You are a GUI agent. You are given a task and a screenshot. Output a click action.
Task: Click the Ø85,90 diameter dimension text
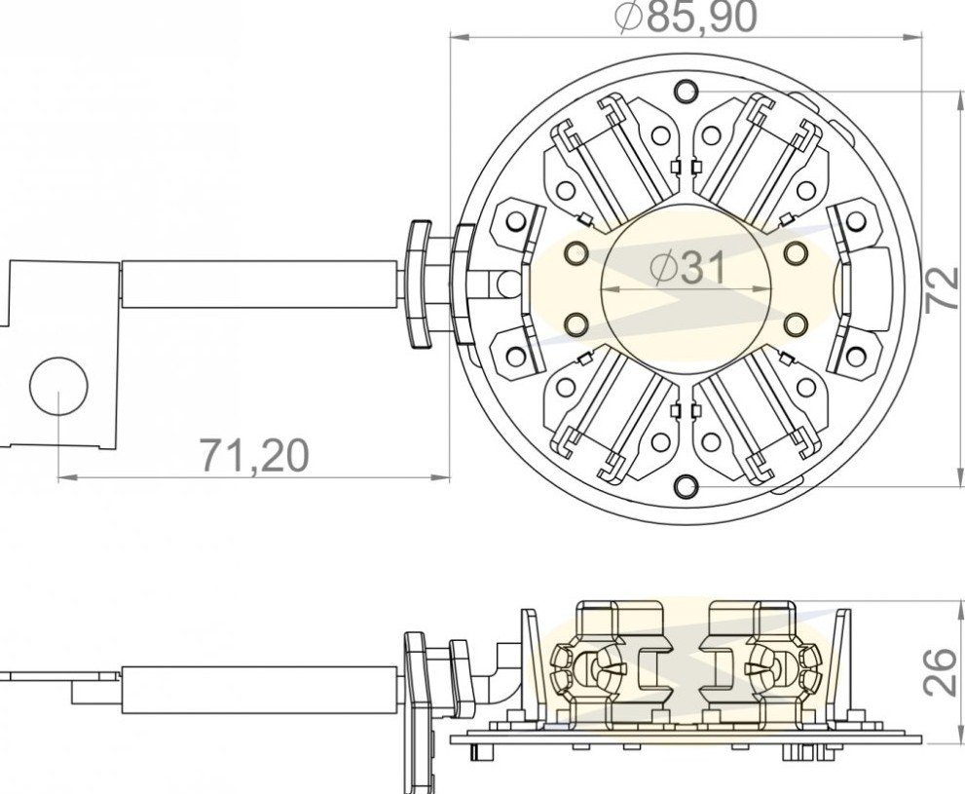coord(687,18)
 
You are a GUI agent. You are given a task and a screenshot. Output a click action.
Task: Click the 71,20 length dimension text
coord(254,456)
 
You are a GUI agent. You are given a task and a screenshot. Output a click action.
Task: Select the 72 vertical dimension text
coord(943,289)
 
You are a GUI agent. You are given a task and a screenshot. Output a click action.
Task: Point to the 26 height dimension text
coord(943,672)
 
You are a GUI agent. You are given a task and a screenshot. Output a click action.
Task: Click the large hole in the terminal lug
coord(59,386)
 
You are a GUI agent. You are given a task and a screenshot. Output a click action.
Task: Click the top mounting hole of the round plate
coord(686,92)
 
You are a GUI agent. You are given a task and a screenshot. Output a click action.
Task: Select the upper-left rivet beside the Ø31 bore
coord(576,251)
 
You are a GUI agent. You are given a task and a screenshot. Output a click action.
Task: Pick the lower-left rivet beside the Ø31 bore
coord(576,323)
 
